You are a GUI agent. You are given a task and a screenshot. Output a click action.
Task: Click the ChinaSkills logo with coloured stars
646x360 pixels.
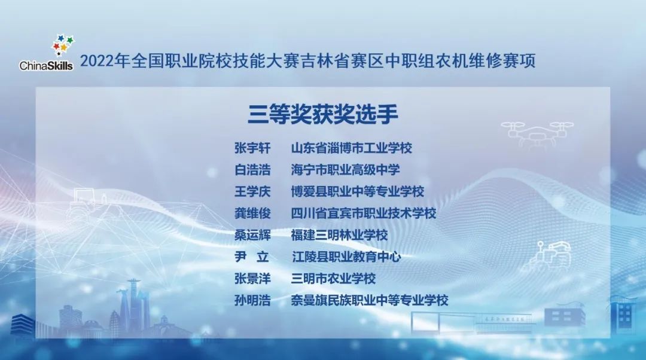(47, 54)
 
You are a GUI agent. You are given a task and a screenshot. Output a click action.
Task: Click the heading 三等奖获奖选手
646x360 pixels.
(323, 114)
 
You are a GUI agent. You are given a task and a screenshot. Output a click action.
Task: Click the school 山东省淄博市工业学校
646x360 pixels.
(351, 148)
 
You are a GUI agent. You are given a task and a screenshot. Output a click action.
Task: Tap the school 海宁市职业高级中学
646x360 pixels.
(345, 170)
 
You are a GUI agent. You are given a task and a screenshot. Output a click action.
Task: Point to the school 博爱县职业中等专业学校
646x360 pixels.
(357, 192)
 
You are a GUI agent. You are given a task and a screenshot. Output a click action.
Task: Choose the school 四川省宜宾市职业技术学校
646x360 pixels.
(363, 213)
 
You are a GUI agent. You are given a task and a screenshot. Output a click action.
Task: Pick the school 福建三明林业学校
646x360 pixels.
(339, 235)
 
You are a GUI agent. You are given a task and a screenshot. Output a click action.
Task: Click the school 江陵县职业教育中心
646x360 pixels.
(346, 257)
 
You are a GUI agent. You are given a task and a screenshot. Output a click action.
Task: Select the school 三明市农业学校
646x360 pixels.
(333, 279)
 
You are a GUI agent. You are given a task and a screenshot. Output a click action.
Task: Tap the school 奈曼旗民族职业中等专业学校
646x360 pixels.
(369, 300)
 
